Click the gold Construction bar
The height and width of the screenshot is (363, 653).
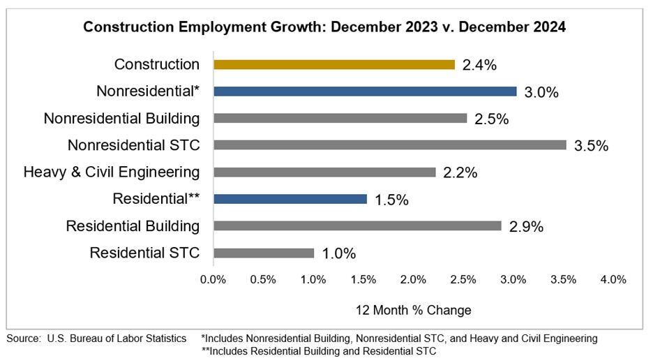click(334, 65)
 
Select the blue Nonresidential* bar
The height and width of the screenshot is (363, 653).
click(365, 91)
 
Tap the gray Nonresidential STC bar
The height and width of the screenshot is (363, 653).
click(389, 145)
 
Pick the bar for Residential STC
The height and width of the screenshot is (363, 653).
click(264, 253)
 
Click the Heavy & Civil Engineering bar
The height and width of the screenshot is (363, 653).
click(324, 172)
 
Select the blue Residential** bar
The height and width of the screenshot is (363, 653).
click(290, 199)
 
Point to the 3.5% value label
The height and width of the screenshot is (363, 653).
click(592, 146)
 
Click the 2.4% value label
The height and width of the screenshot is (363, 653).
click(479, 66)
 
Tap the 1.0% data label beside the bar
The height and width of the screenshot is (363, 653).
click(339, 253)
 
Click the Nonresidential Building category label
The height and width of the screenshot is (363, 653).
click(121, 118)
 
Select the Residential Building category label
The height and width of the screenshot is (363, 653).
click(133, 225)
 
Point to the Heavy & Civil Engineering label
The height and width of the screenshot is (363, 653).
click(111, 172)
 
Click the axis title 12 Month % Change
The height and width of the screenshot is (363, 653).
click(414, 310)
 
